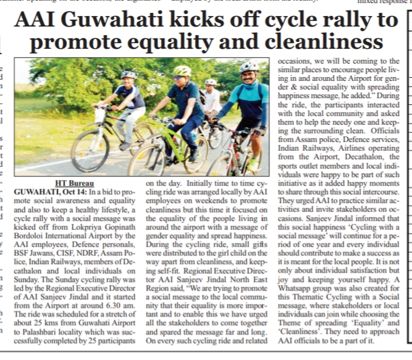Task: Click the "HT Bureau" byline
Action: coord(75,183)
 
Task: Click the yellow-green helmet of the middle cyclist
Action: coord(182,71)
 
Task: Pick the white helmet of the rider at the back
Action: coord(211,82)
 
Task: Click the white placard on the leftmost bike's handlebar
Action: coord(100,115)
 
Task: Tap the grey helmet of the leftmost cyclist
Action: coord(128,75)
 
